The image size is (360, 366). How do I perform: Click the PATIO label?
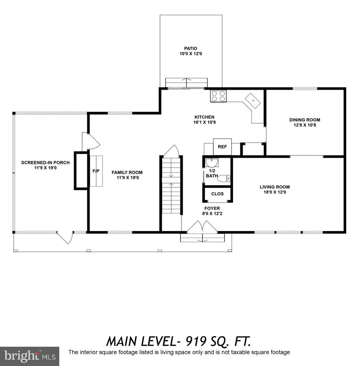(x=191, y=48)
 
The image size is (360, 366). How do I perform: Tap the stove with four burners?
(x=218, y=96)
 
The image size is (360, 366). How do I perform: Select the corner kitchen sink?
(x=253, y=101)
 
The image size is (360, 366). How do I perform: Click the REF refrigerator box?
(x=222, y=147)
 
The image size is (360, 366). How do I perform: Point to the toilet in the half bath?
(x=224, y=179)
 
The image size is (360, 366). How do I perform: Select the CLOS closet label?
(x=217, y=194)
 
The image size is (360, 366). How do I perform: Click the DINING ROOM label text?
(x=305, y=120)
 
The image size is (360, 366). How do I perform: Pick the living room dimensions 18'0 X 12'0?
(x=275, y=192)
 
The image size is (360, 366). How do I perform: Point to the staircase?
(x=172, y=186)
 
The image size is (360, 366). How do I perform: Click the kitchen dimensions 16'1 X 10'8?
(x=205, y=122)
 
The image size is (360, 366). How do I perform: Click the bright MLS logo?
(x=29, y=357)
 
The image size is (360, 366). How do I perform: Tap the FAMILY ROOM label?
(x=127, y=172)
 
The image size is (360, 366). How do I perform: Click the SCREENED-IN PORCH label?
(x=45, y=163)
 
